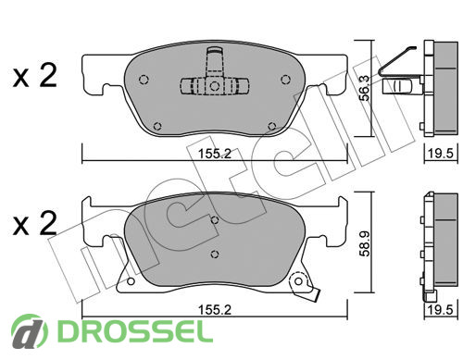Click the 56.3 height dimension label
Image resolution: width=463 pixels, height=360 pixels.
[365, 88]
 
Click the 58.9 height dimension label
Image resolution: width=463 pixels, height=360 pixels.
[365, 243]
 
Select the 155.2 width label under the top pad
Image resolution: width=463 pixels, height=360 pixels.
[215, 154]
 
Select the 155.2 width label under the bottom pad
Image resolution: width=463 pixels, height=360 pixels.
[215, 310]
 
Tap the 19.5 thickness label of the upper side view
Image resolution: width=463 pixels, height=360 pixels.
[441, 154]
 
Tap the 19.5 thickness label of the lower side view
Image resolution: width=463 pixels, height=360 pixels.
[441, 310]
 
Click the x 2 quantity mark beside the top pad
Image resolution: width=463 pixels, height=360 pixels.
[35, 75]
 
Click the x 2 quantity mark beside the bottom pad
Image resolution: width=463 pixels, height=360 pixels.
[35, 223]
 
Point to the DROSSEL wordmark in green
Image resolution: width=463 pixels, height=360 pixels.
[135, 331]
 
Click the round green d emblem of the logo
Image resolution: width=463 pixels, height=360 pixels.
[30, 331]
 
